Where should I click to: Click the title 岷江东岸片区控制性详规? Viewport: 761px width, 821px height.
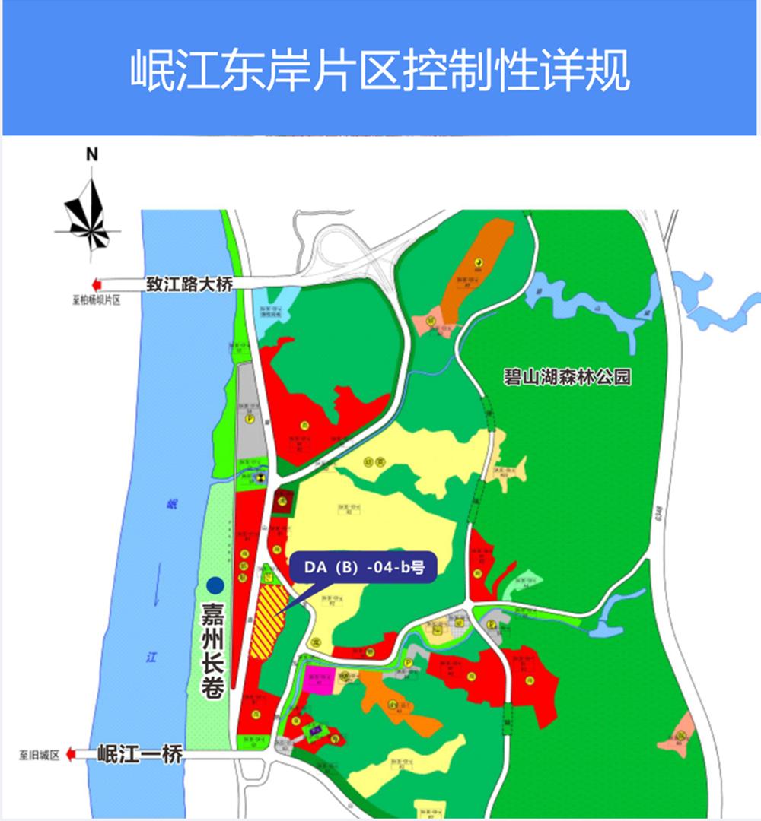point(380,71)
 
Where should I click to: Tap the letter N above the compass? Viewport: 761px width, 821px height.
point(92,154)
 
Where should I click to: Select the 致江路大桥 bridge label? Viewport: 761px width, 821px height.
point(189,284)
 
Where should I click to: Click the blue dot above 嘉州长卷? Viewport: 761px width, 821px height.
point(215,585)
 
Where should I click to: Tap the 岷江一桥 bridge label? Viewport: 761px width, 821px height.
point(141,755)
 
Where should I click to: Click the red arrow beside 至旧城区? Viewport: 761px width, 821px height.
point(69,755)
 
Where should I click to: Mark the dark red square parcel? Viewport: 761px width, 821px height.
point(283,501)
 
